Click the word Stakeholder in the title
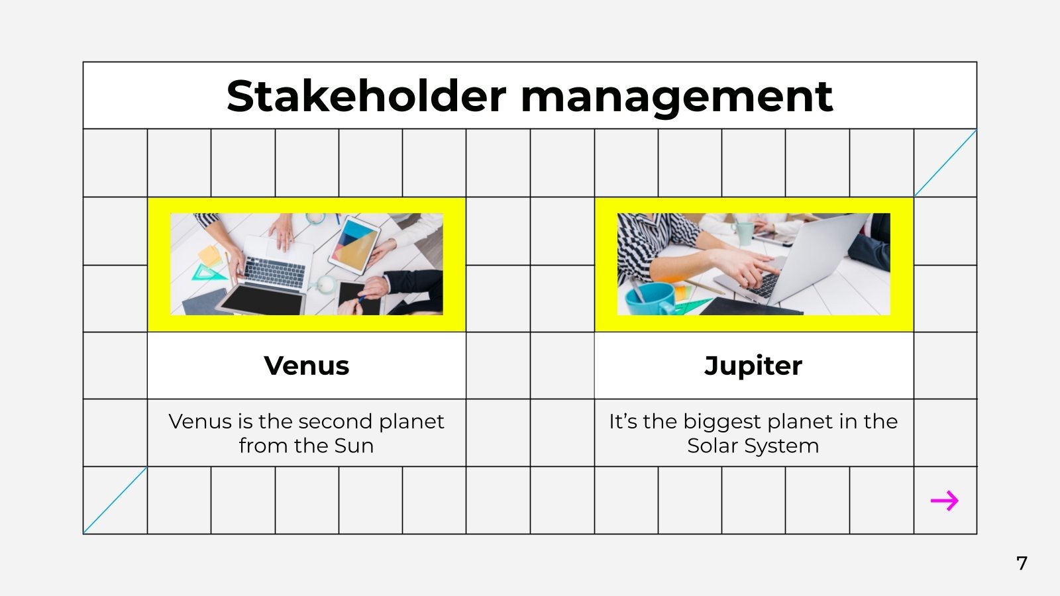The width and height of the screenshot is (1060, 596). (x=366, y=97)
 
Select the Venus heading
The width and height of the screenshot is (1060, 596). (x=306, y=366)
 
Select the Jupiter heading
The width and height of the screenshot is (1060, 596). (x=753, y=366)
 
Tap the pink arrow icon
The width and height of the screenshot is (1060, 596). (x=945, y=501)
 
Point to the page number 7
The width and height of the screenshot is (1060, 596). (x=1022, y=564)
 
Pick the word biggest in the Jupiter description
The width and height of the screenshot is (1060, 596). (x=732, y=422)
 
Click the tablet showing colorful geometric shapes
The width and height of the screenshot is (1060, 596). (x=355, y=245)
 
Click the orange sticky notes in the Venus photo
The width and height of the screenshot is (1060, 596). (x=209, y=254)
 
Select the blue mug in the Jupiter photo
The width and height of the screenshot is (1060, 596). (x=649, y=299)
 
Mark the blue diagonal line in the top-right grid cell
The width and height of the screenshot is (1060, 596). (x=945, y=163)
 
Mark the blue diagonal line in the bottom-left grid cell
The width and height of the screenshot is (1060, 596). (x=115, y=500)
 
